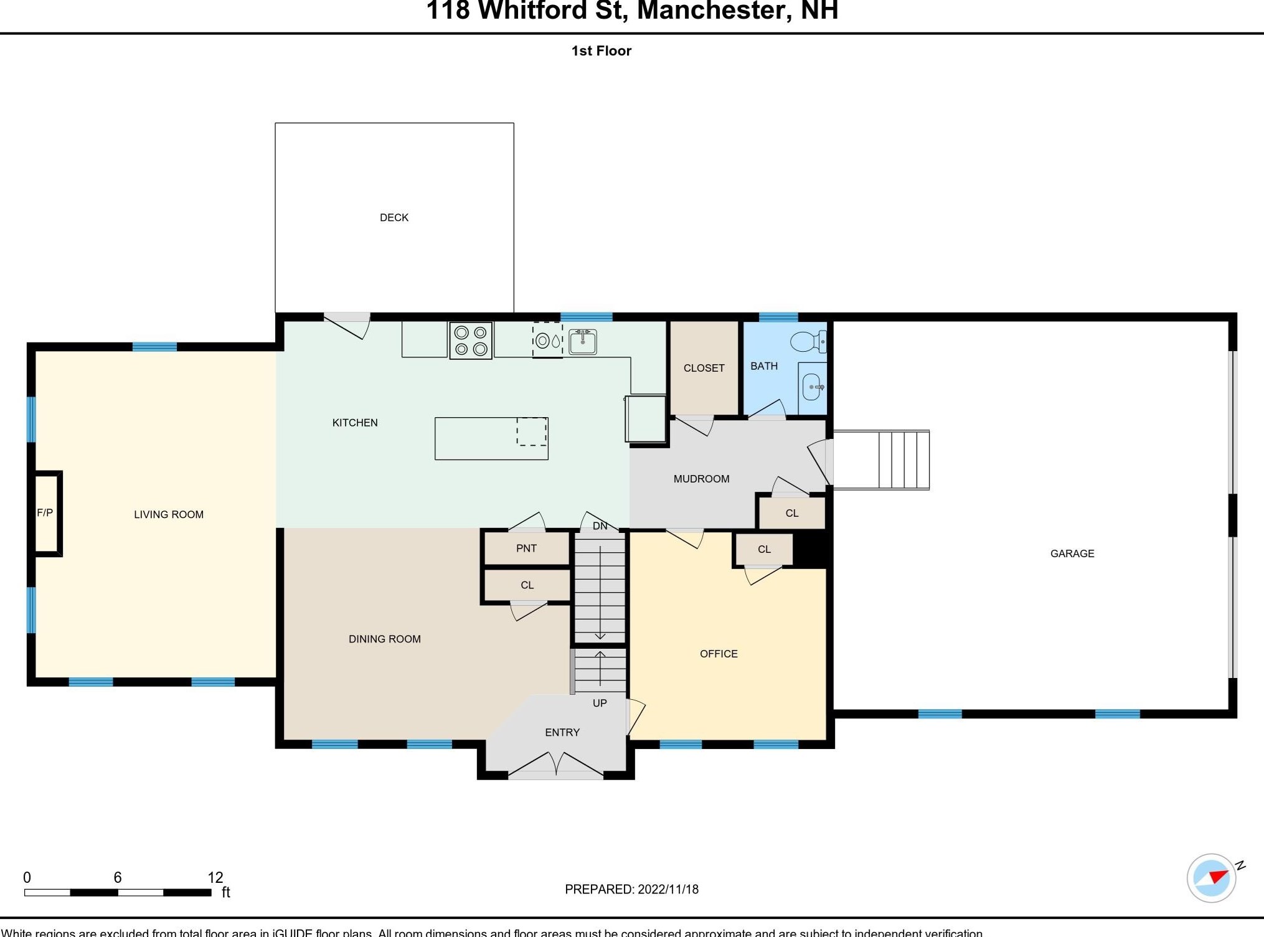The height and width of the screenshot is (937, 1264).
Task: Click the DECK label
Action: point(394,217)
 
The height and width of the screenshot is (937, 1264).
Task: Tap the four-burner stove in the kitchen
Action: point(471,341)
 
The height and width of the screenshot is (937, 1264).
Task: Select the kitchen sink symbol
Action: point(583,342)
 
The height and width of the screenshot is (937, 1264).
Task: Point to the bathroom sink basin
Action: point(812,387)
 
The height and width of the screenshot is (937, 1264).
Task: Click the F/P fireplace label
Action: point(45,513)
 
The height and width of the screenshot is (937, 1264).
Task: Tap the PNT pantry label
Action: point(526,549)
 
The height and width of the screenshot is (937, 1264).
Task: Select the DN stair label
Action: point(600,526)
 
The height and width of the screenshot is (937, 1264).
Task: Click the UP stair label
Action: point(600,703)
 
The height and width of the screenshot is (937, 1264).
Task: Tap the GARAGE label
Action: point(1072,553)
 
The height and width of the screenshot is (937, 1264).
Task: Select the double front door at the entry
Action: point(555,766)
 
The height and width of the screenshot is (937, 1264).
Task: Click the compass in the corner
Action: point(1211,878)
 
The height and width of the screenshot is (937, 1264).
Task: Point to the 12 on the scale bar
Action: point(215,877)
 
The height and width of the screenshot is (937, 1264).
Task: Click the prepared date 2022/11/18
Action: point(667,889)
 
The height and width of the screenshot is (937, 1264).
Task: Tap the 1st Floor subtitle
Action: point(601,51)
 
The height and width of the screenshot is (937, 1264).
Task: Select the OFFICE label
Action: point(719,654)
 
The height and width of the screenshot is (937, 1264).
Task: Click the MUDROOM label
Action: point(701,479)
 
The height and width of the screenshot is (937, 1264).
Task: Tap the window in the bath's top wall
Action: point(778,317)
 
